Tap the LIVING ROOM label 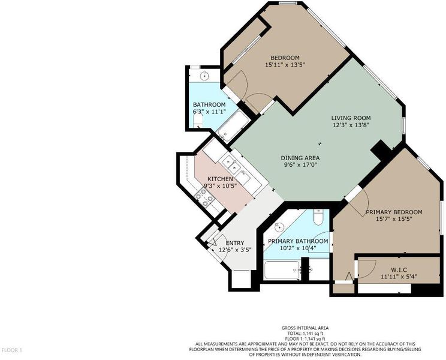pos(351,118)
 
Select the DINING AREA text pos(300,158)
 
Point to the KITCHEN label pos(220,179)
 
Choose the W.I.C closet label pos(399,269)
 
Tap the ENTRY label pos(235,243)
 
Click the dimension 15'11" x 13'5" pos(285,65)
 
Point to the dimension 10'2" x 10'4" pos(298,248)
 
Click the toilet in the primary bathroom pos(318,217)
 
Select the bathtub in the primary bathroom pos(282,271)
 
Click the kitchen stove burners pos(204,197)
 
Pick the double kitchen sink pos(231,164)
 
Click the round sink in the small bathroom pos(204,76)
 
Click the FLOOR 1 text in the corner pos(11,350)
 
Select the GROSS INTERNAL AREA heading pos(305,328)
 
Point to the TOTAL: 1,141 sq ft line pos(305,333)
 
